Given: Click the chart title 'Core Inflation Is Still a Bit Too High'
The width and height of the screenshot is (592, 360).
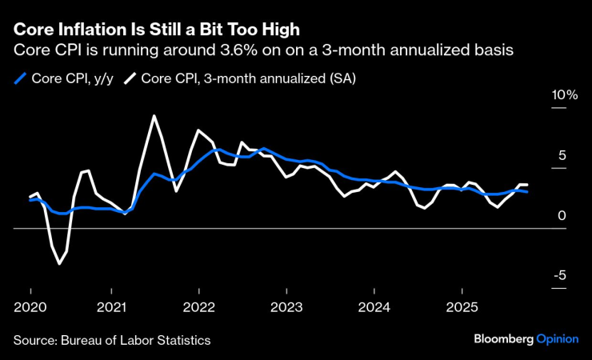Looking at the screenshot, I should [x=156, y=30].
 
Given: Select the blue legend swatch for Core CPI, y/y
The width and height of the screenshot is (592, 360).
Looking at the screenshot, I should [x=20, y=78].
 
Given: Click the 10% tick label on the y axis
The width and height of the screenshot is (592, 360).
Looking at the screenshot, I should [x=564, y=95].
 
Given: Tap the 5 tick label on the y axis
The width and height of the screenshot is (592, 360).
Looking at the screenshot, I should [x=562, y=156].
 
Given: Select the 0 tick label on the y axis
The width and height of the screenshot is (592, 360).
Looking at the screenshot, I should [x=562, y=216].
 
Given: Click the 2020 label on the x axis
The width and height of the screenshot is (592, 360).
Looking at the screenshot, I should [x=30, y=307].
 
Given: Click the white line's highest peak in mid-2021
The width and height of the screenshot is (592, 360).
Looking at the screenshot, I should [x=154, y=116].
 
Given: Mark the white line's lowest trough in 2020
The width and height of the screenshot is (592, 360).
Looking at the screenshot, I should [x=59, y=263].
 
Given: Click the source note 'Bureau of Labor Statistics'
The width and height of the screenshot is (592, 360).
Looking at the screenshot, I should [x=135, y=340].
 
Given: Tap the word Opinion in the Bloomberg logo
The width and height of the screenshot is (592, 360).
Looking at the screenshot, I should [x=557, y=339].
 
